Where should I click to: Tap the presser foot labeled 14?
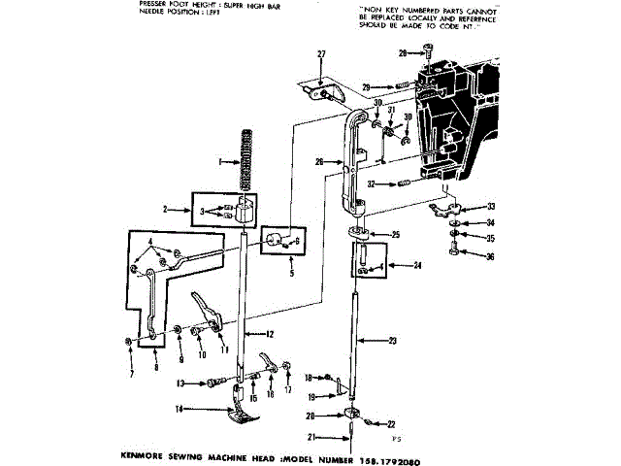click(244, 412)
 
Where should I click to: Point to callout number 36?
click(490, 256)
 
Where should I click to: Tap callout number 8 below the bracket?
click(159, 369)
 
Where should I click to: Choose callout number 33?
click(490, 206)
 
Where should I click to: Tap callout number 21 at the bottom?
click(312, 437)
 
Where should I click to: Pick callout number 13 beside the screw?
click(180, 383)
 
